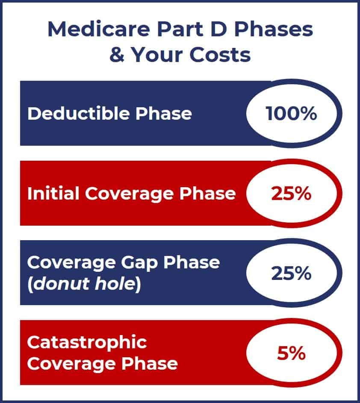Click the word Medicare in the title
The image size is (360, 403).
point(99,29)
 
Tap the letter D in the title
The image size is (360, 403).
point(218,29)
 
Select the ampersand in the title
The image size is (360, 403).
point(117,55)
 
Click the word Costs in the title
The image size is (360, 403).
point(220,55)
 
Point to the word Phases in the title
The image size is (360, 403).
point(274,29)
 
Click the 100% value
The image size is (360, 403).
point(291,113)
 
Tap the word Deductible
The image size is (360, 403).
point(78,113)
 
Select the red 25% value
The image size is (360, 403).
point(291,193)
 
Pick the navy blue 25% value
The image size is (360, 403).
point(291,273)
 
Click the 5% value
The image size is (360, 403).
point(291,353)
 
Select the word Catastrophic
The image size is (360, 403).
point(87,343)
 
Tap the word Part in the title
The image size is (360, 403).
point(180,29)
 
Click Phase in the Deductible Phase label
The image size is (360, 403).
point(164,113)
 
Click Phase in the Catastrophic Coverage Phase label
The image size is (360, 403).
point(149,363)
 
